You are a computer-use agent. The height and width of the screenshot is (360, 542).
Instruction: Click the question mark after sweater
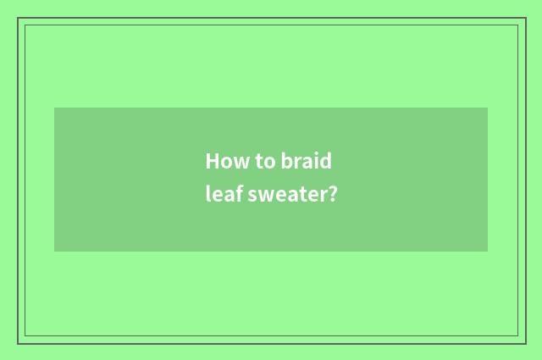click(333, 194)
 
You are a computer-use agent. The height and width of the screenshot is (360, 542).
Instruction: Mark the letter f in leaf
click(241, 194)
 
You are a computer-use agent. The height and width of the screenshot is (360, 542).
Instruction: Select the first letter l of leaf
click(208, 194)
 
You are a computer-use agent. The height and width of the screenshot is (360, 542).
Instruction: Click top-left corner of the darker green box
click(55, 108)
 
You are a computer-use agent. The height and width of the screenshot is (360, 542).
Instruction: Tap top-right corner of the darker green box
click(487, 108)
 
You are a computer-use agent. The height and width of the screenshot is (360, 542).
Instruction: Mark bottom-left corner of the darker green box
click(55, 251)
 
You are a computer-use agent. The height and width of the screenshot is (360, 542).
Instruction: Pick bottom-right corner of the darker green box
click(487, 251)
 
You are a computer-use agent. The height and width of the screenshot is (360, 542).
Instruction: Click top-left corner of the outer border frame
click(18, 18)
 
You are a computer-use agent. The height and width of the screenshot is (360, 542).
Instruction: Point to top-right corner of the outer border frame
click(525, 18)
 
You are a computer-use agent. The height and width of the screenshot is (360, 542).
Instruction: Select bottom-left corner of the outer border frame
click(18, 343)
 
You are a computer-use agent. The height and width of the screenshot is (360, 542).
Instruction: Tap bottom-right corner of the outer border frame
click(525, 343)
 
